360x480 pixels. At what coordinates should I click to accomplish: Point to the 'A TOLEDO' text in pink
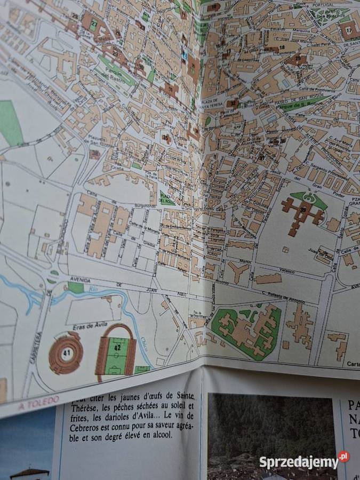click(33, 405)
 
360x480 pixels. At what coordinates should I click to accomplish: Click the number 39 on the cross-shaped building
click(303, 210)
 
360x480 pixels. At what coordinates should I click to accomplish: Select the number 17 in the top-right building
click(349, 31)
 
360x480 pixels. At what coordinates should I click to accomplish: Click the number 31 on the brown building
click(170, 88)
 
